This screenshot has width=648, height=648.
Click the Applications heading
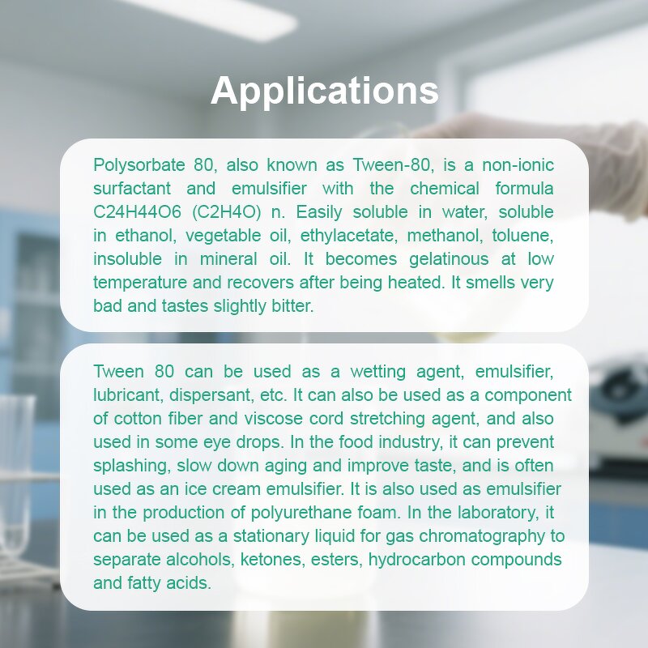pyautogui.click(x=324, y=91)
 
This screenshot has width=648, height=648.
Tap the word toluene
pyautogui.click(x=525, y=237)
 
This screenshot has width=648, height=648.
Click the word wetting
pyautogui.click(x=375, y=373)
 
